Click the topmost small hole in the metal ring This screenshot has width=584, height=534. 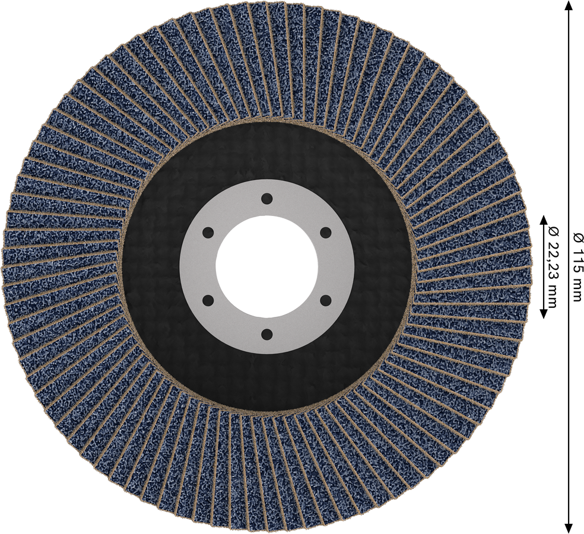[266, 199]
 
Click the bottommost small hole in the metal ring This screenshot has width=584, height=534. [266, 334]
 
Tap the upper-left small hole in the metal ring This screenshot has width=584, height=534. [208, 233]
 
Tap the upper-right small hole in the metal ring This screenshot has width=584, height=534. [325, 233]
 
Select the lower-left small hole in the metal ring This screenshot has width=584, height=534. [208, 300]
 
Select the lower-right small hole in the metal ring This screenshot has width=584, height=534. [325, 300]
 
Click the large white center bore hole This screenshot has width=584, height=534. [266, 266]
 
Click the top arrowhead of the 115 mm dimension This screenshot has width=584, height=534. [569, 5]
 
